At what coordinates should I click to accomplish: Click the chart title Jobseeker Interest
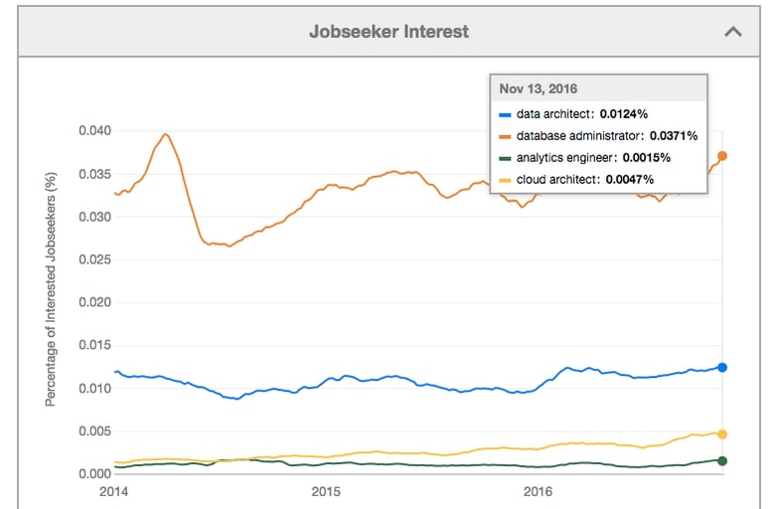coord(388,31)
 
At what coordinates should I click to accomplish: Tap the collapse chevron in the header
coord(733,31)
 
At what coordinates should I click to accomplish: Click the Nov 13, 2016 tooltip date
coord(540,89)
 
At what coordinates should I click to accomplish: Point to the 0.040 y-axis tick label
coord(95,131)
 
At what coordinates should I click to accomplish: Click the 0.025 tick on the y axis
coord(95,259)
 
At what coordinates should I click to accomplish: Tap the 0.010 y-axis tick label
coord(95,388)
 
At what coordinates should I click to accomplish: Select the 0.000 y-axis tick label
coord(95,473)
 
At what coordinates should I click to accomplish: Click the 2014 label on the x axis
coord(115,492)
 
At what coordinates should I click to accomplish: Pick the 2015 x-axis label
coord(326,492)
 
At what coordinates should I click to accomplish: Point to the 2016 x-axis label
coord(538,492)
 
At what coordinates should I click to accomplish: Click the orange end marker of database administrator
coord(722,156)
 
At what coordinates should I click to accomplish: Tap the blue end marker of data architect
coord(722,368)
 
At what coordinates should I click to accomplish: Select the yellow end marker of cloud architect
coord(722,434)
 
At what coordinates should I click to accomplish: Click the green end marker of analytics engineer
coord(722,460)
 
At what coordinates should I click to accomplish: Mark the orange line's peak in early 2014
coord(165,134)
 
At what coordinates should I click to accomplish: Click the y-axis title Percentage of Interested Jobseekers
coord(50,287)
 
